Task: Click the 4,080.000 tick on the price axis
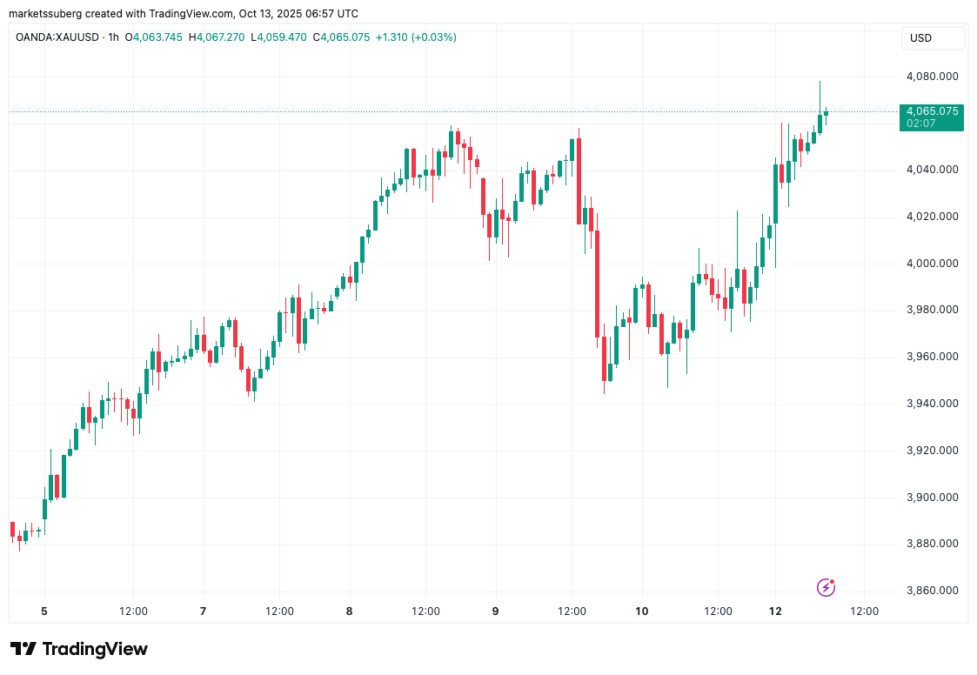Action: (932, 76)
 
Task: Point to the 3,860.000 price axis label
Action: (932, 591)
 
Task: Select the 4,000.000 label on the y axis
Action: (932, 263)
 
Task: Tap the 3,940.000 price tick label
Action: (932, 404)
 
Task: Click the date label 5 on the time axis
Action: (43, 612)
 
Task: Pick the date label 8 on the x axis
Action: (349, 612)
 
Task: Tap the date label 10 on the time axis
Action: (641, 612)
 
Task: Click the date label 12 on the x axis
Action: (776, 612)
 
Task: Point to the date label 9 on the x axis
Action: (495, 612)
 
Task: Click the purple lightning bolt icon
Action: (826, 587)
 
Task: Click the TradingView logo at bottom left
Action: (79, 649)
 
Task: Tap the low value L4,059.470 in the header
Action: (281, 37)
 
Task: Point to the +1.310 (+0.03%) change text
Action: (416, 37)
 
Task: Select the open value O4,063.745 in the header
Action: (154, 37)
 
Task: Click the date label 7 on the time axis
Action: (203, 612)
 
